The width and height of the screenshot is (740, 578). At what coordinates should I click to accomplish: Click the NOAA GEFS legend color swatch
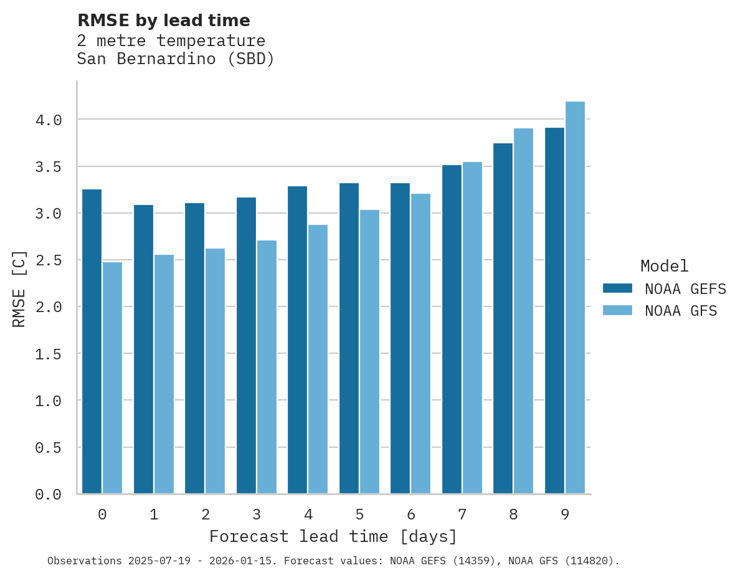(617, 288)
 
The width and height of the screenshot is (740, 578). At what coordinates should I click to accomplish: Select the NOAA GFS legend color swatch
(617, 310)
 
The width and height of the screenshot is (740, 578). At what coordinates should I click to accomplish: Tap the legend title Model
(664, 267)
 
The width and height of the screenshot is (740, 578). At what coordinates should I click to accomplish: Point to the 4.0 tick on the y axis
(49, 120)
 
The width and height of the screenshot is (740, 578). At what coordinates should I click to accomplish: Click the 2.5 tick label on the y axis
(49, 260)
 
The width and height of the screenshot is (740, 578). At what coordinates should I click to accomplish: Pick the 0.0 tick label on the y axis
(49, 495)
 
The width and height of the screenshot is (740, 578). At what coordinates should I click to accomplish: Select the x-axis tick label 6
(411, 514)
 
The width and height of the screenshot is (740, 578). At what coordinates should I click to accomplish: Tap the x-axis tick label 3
(257, 514)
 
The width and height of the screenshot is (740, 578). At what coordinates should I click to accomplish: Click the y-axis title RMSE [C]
(19, 288)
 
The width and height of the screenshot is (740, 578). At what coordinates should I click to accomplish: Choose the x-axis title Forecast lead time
(333, 536)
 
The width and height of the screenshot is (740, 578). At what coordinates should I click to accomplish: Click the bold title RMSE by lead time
(163, 21)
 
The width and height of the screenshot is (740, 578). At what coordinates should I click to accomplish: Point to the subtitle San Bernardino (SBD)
(176, 60)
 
